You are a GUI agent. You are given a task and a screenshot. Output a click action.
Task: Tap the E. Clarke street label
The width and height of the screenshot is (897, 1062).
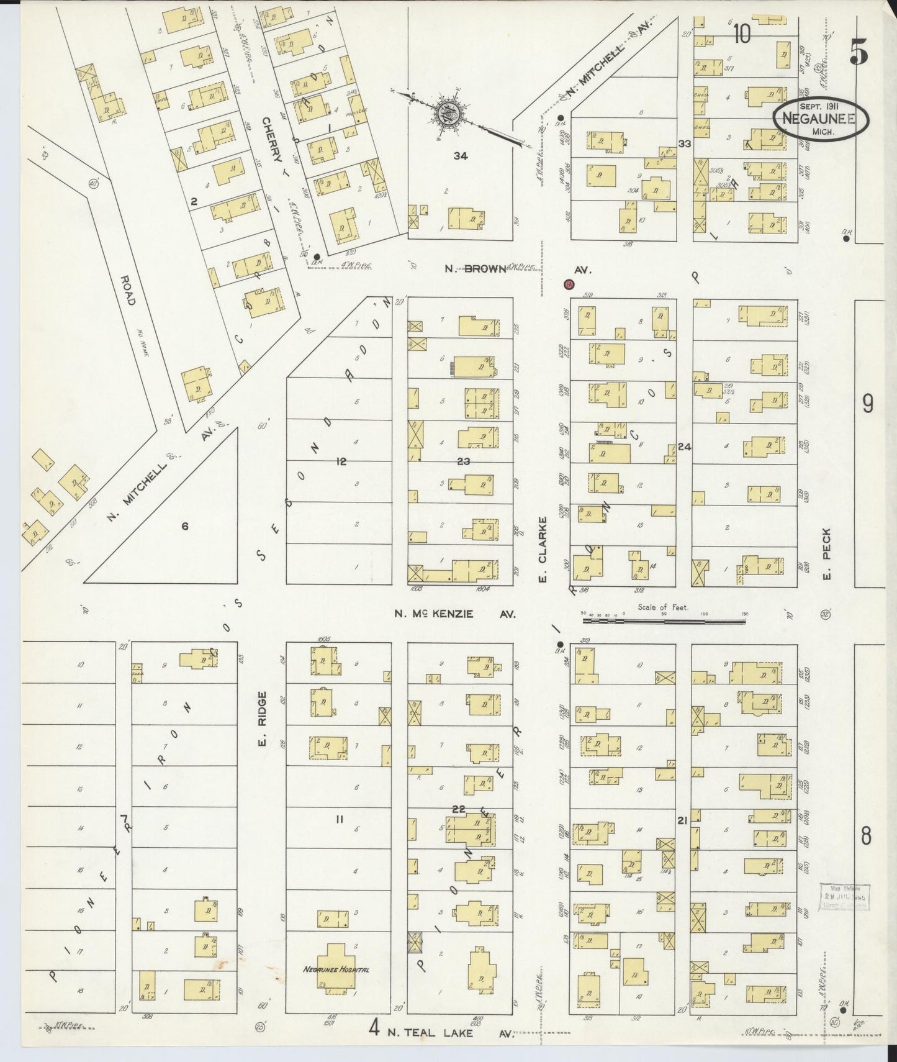coord(542,550)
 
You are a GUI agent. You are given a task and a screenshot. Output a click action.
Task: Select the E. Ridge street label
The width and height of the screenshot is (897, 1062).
coord(262,719)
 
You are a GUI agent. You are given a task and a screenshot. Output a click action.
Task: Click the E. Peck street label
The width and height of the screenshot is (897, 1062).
coord(826,553)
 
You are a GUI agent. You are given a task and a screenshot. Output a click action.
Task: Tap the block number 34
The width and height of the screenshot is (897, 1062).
coord(460,156)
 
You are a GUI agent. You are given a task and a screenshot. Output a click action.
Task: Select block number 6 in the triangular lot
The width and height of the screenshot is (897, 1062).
coord(184,527)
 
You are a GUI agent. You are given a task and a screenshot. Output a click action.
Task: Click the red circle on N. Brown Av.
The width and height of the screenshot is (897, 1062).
coord(568,285)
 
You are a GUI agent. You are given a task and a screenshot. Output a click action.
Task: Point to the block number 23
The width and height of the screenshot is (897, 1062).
coord(464,461)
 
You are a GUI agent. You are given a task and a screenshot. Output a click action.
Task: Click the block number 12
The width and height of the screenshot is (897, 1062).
coord(341,461)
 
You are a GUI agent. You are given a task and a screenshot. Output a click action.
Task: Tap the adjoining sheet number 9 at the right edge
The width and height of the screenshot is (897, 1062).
coord(867,404)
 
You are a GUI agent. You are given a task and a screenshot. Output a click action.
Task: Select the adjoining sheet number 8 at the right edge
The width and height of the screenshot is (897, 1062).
coord(866,837)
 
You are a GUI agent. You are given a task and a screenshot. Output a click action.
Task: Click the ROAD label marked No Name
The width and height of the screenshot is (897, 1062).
coord(128,290)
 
